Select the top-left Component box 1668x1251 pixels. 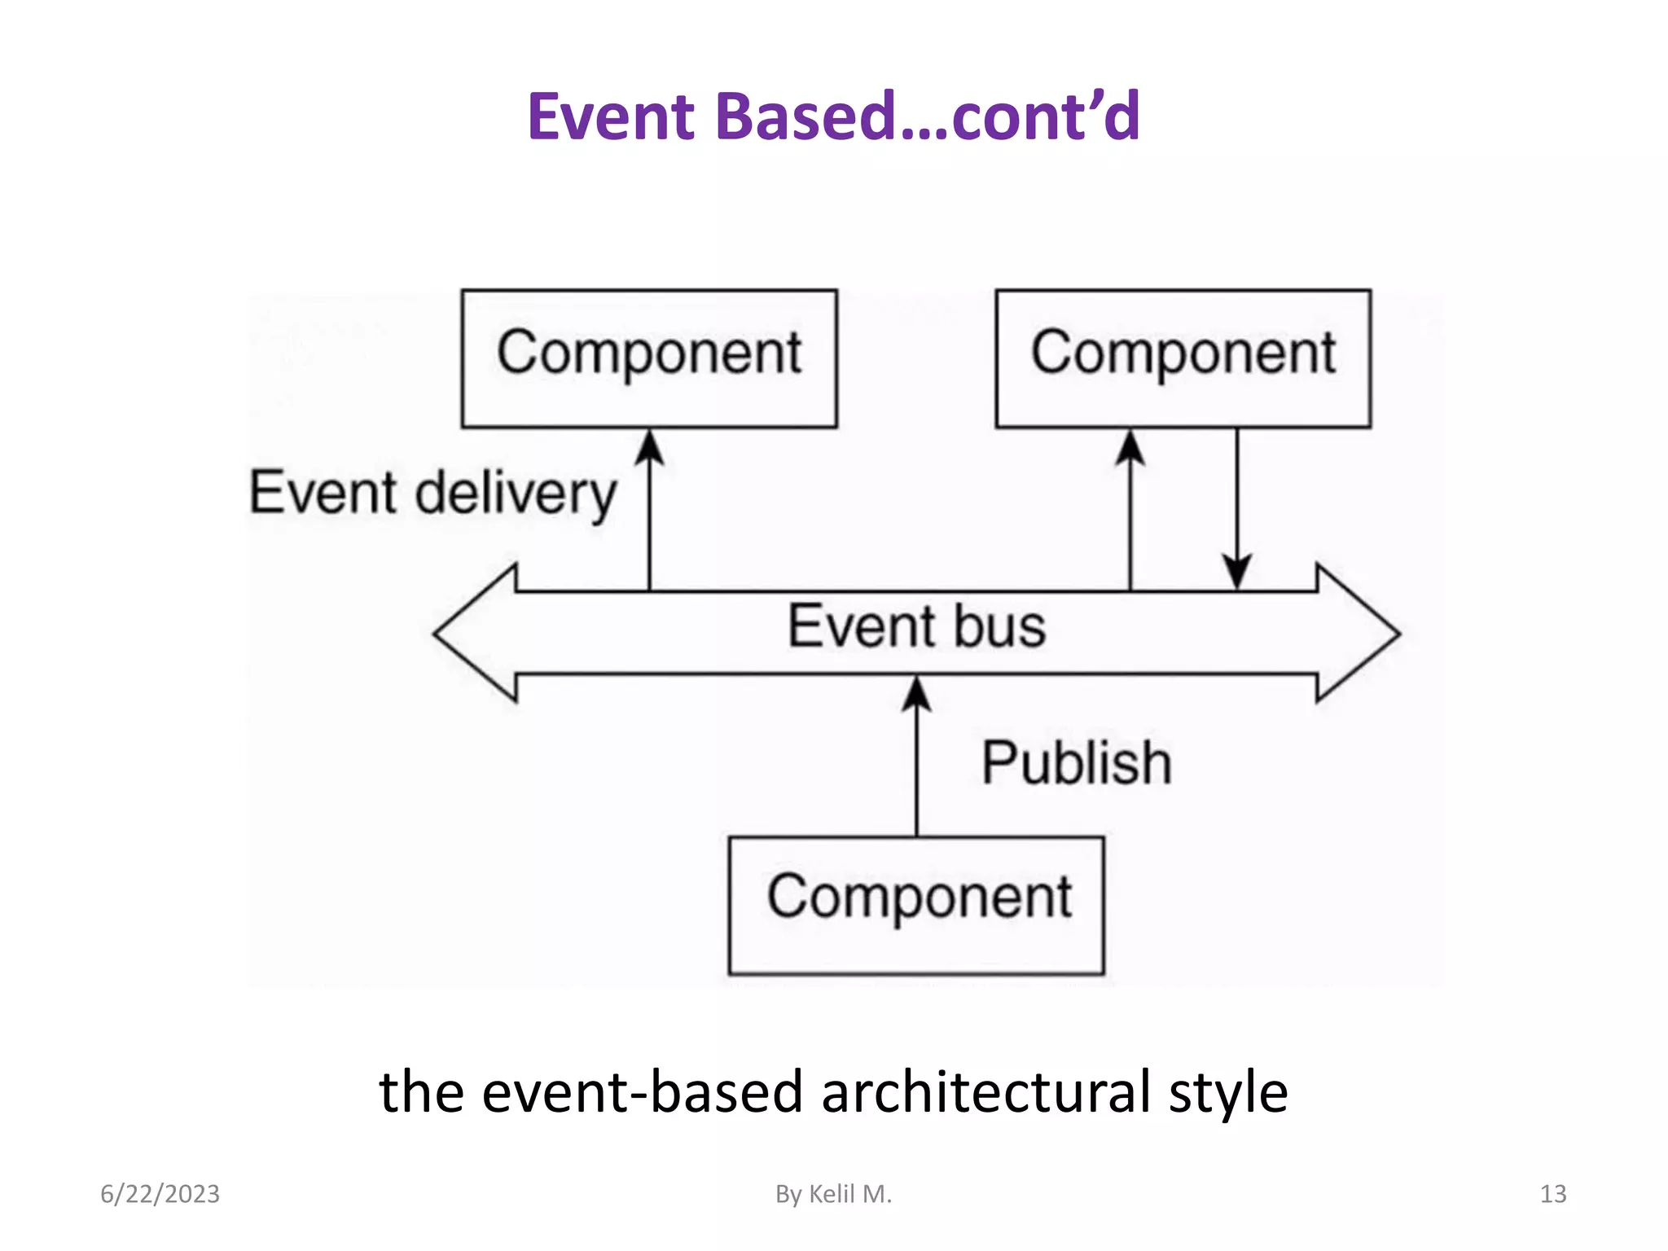tap(649, 358)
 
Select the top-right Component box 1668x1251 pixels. tap(1183, 358)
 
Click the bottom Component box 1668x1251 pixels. tap(916, 904)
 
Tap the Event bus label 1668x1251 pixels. tap(916, 626)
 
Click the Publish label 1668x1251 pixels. tap(1077, 763)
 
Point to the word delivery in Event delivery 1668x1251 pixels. tap(516, 494)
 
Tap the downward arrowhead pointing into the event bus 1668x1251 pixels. tap(1237, 572)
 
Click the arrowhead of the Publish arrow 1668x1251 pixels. tap(916, 694)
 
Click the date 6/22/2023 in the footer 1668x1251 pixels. tap(160, 1194)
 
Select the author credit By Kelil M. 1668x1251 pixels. tap(833, 1194)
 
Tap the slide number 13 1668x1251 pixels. tap(1552, 1194)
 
